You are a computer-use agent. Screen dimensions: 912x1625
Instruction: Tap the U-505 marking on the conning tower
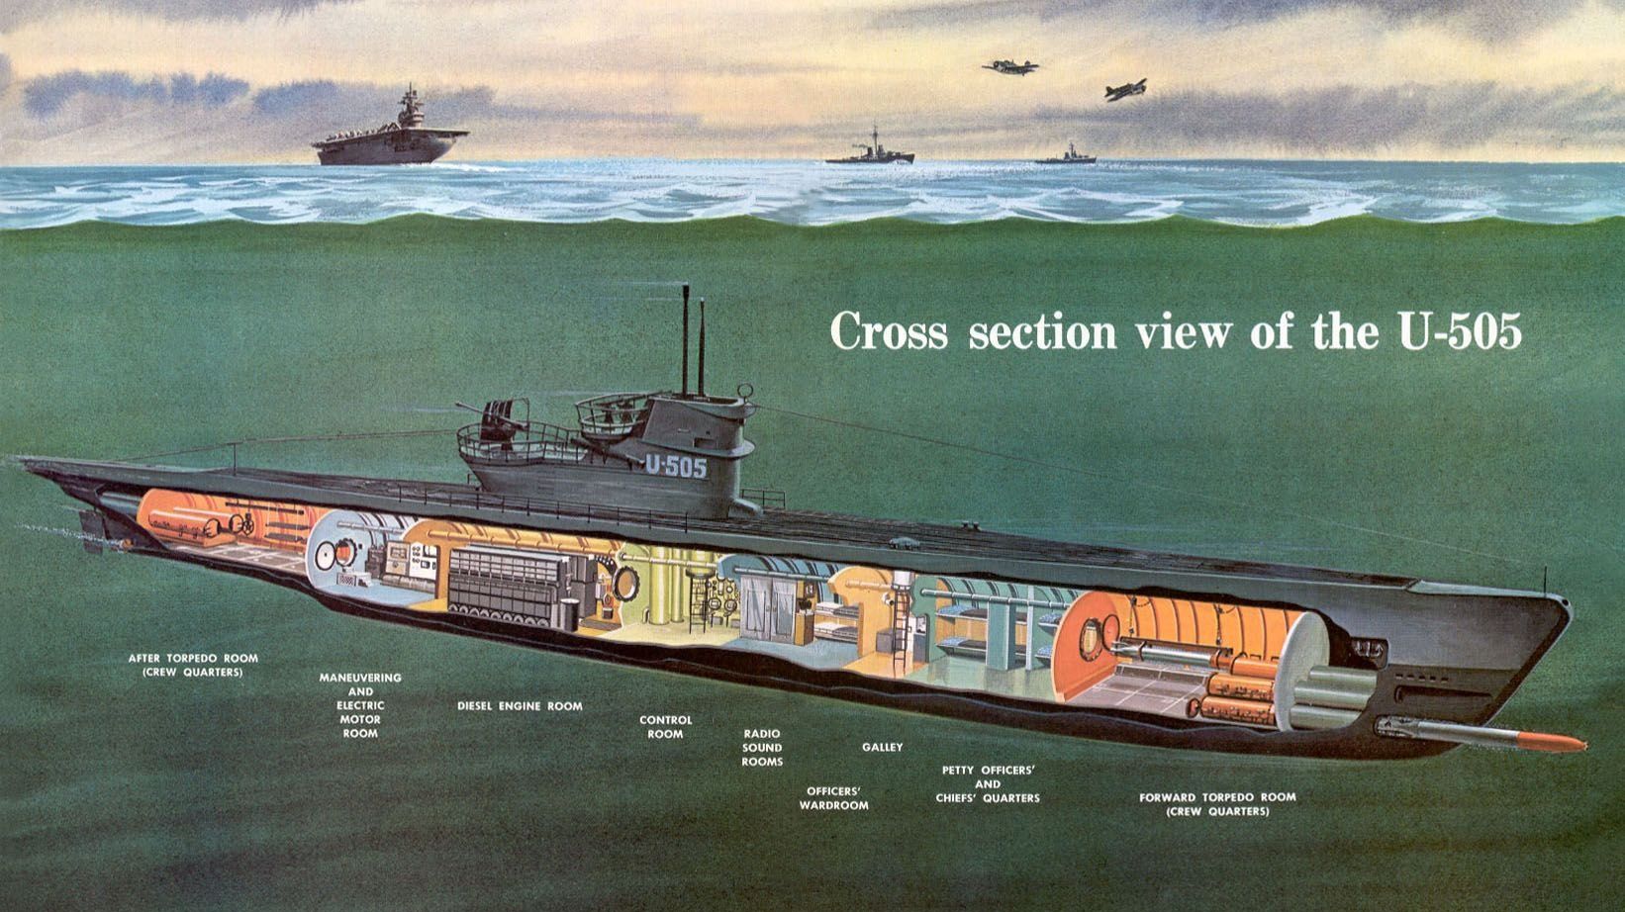click(x=676, y=466)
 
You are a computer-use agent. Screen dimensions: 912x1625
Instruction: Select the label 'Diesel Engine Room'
click(x=520, y=706)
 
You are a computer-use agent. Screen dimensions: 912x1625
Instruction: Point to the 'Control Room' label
click(x=665, y=727)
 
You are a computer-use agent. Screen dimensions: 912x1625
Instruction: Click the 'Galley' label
click(x=882, y=747)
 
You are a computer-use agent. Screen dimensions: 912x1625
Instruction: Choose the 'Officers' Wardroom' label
click(x=833, y=798)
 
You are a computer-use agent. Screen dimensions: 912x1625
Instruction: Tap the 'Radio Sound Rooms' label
click(x=762, y=748)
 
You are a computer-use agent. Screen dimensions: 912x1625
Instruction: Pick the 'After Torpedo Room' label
click(x=193, y=665)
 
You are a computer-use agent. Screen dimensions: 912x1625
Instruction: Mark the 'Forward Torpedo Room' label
click(x=1216, y=804)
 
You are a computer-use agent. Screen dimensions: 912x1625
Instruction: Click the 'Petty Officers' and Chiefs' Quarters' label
click(x=987, y=783)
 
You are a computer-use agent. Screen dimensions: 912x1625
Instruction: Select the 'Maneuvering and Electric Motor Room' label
click(x=360, y=705)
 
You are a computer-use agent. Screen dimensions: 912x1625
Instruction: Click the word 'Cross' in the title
click(x=889, y=331)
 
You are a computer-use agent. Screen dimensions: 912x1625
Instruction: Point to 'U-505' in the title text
click(x=1458, y=331)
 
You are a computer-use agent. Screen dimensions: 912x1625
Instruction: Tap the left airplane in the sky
click(x=1011, y=67)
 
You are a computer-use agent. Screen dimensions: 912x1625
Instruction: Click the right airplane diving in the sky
click(x=1125, y=90)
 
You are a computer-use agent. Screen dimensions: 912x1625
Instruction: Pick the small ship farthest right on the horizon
click(x=1067, y=156)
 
